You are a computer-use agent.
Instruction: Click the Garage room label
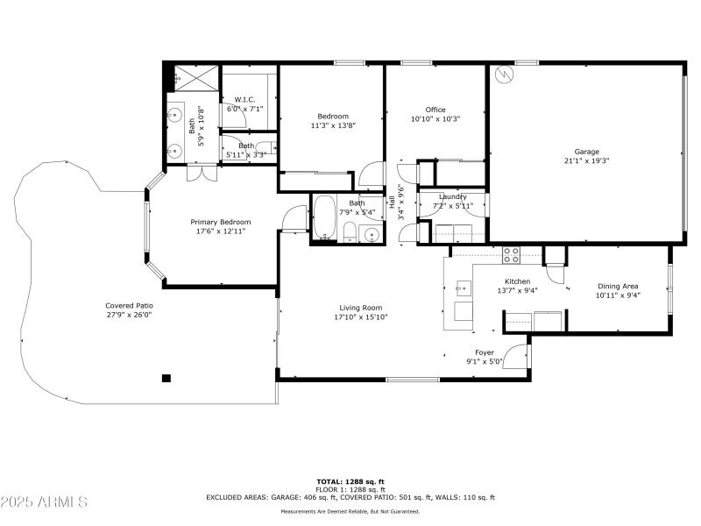pos(586,151)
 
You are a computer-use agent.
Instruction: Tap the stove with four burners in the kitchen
pos(510,255)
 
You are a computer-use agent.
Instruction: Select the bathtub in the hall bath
pos(324,218)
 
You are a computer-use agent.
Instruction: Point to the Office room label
pos(435,110)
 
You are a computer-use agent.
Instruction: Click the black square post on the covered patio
pos(166,379)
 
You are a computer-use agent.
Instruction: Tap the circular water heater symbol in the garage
pos(503,75)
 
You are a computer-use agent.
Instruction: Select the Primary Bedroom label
pos(221,222)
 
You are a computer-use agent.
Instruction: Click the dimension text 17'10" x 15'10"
pos(361,317)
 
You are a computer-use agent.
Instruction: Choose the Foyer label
pos(485,352)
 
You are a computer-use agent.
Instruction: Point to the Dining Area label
pos(618,286)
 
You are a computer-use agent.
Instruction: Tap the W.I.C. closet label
pos(244,99)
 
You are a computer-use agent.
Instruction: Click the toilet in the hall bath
pos(349,232)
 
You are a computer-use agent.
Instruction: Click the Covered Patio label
pos(129,305)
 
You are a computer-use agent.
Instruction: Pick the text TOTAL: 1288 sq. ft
pos(350,480)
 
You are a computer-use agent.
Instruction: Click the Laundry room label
pos(453,196)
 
